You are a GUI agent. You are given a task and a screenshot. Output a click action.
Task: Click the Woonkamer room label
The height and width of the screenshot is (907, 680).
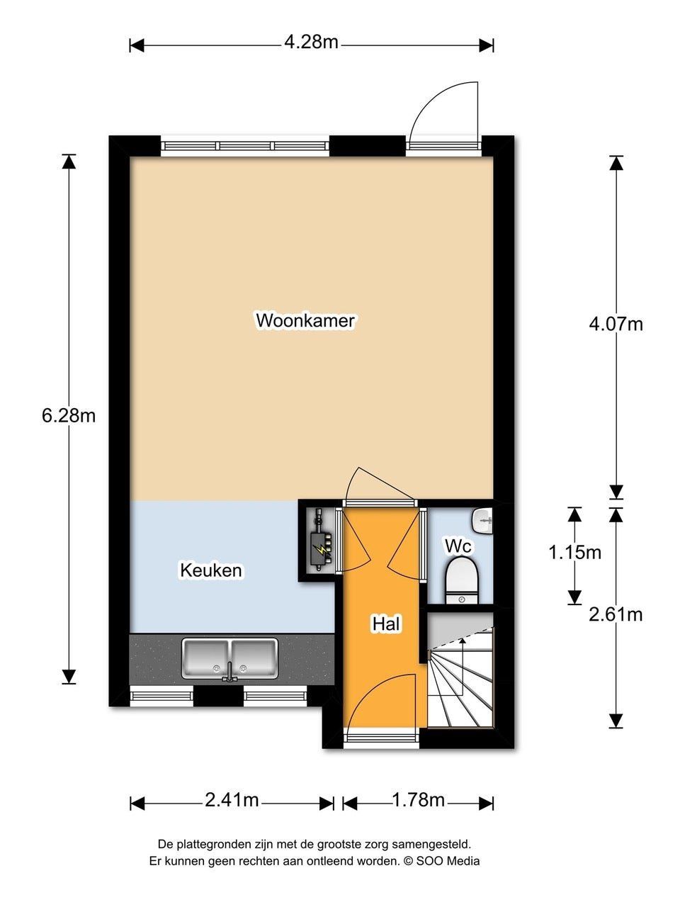coord(305,320)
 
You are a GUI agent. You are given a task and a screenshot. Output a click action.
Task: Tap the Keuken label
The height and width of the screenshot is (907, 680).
coord(211,570)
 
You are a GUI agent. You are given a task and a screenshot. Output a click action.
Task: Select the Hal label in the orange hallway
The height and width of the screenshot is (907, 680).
coord(387,624)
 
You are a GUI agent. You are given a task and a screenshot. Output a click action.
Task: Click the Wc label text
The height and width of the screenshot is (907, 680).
coord(458,546)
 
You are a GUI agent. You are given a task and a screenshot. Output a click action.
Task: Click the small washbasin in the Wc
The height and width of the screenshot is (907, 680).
coord(484,519)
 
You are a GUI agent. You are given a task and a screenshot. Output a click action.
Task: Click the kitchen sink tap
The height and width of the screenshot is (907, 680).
coord(230,672)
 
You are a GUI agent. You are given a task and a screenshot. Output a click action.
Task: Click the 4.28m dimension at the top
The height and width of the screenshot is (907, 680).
coord(311,43)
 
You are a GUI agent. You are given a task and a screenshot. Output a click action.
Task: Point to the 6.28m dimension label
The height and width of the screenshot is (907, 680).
coord(69,416)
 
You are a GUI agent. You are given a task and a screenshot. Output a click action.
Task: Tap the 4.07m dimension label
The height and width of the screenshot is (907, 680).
coord(616,324)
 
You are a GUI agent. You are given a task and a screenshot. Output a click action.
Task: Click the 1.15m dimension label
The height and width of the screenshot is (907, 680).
coord(574,552)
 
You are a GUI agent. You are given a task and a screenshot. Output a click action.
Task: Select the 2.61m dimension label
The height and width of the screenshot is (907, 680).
coord(616,614)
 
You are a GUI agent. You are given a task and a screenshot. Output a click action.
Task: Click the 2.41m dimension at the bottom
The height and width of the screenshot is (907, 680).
coord(232,801)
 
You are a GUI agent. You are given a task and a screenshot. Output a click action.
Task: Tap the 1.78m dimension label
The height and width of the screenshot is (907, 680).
coord(418,801)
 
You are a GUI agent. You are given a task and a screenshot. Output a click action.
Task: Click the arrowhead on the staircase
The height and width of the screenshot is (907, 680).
coord(463,641)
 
